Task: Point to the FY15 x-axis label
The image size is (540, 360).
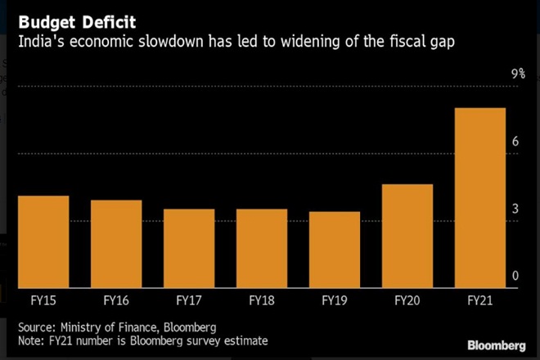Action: pos(43,300)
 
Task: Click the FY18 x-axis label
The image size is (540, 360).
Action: pos(261,300)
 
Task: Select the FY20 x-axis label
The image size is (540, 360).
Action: pos(407,300)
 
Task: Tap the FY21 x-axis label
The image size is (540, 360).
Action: pos(479,300)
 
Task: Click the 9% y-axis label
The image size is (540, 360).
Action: pos(518,74)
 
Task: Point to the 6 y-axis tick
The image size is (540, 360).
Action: pos(515,142)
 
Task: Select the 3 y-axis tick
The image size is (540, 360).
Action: pos(515,209)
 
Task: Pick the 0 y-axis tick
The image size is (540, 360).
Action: pos(515,277)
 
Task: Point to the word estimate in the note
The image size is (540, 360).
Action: pos(245,340)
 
